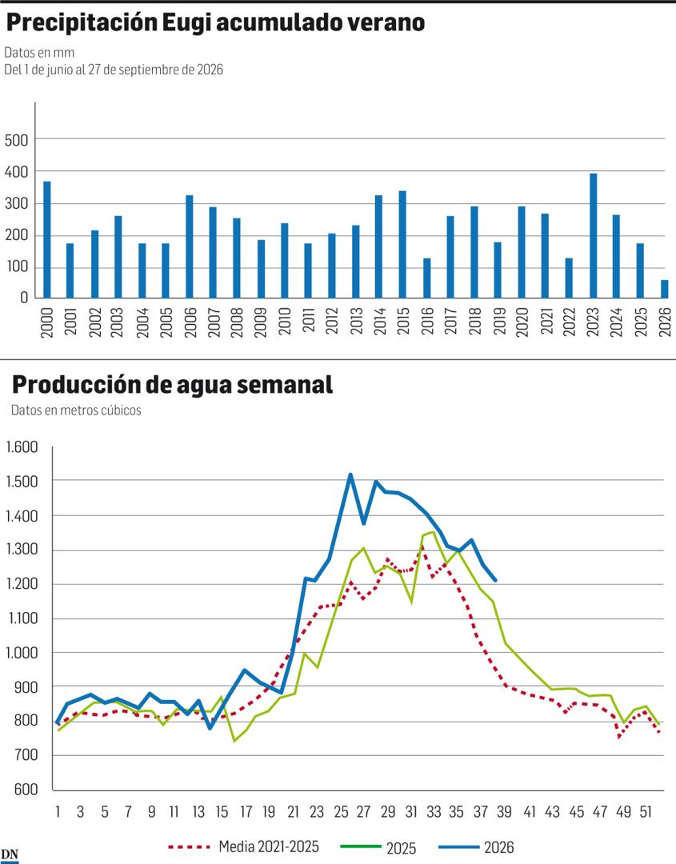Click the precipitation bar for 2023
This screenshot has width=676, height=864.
593,236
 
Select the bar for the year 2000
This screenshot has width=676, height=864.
47,240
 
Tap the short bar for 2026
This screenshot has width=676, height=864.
665,289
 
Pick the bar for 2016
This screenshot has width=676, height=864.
426,278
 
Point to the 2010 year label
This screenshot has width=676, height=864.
284,322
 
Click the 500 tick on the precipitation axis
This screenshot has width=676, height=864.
16,141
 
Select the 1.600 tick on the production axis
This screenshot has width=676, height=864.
22,447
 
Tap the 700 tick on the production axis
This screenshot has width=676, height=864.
26,755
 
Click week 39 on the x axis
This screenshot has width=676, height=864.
504,812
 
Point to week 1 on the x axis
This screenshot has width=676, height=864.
58,812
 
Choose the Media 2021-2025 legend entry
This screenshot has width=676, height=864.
243,846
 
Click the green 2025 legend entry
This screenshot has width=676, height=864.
378,847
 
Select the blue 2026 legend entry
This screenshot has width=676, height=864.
477,847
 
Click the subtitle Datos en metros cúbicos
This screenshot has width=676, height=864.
76,410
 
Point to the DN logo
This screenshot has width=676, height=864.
10,855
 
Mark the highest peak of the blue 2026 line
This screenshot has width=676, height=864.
350,474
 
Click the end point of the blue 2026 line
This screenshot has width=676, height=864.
495,580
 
